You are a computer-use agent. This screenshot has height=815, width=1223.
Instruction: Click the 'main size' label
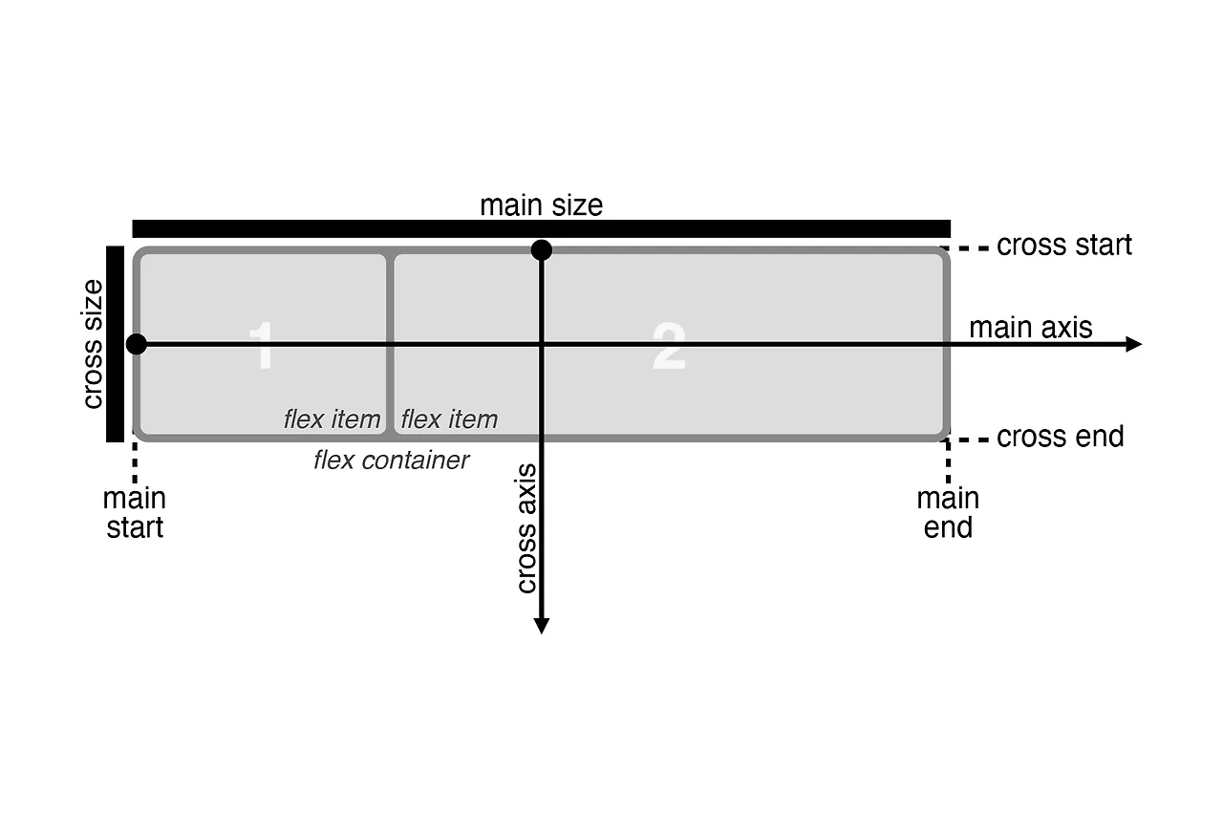pyautogui.click(x=541, y=205)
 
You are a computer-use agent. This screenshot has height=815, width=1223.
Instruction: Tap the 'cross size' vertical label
pyautogui.click(x=93, y=344)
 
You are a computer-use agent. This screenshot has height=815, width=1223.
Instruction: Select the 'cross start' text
pyautogui.click(x=1063, y=246)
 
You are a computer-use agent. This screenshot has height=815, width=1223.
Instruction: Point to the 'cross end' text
pyautogui.click(x=1060, y=438)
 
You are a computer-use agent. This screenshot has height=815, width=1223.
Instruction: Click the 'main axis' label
pyautogui.click(x=1030, y=328)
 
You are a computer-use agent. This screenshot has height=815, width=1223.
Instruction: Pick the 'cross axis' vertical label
pyautogui.click(x=526, y=527)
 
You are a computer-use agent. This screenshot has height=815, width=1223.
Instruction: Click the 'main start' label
pyautogui.click(x=135, y=513)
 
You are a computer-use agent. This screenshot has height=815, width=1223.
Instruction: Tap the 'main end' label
pyautogui.click(x=948, y=513)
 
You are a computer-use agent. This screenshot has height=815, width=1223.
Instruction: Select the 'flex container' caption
pyautogui.click(x=392, y=461)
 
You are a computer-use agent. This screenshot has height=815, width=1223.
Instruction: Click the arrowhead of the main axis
pyautogui.click(x=1134, y=344)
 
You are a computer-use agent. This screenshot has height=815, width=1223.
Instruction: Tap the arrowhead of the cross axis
pyautogui.click(x=542, y=626)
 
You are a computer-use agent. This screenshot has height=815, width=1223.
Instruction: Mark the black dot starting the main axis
pyautogui.click(x=137, y=344)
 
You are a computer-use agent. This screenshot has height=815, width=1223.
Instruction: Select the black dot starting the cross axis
pyautogui.click(x=542, y=250)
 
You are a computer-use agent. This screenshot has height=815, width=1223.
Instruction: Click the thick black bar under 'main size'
pyautogui.click(x=541, y=228)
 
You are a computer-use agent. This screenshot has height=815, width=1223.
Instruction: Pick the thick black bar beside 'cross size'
pyautogui.click(x=116, y=344)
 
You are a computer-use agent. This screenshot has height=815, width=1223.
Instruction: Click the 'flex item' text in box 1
pyautogui.click(x=332, y=419)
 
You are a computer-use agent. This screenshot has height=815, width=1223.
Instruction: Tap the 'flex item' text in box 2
pyautogui.click(x=449, y=419)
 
